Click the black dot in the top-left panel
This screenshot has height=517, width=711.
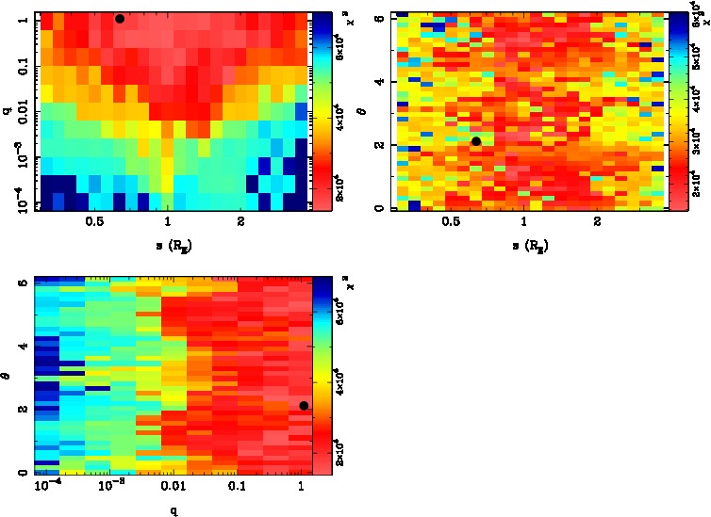tap(120, 19)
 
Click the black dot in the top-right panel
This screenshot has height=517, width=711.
tap(476, 141)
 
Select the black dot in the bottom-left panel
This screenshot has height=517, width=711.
tap(304, 406)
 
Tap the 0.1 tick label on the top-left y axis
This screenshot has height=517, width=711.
tap(21, 68)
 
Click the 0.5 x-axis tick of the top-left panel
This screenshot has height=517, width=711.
tap(94, 222)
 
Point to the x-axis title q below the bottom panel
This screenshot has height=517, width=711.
tap(175, 510)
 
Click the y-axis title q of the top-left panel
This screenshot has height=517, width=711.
tap(8, 111)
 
